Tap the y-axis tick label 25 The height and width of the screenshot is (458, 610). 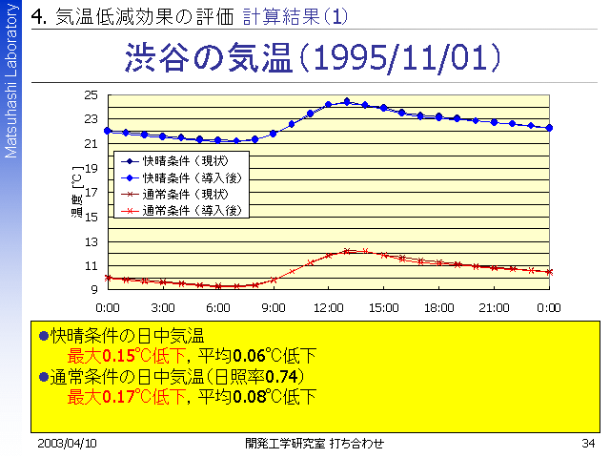pos(91,94)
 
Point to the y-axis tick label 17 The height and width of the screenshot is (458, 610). pos(91,192)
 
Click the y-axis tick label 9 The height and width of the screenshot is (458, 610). pos(93,289)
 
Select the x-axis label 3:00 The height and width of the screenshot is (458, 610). pos(163,308)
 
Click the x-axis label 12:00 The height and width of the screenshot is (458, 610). pos(329,308)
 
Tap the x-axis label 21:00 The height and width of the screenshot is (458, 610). pos(494,308)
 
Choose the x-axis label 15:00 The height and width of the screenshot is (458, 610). pos(384,308)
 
